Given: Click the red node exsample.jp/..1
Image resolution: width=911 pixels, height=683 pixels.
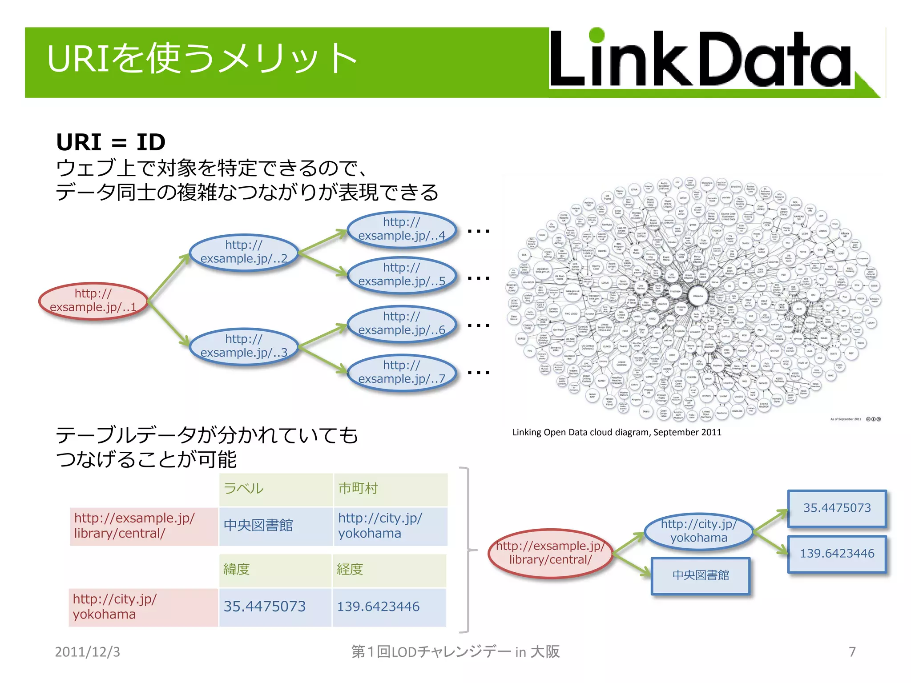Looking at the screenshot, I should [93, 301].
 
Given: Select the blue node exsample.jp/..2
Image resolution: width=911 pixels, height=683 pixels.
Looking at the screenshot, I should [244, 252].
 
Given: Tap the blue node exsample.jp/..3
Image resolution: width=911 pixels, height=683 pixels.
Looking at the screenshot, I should [244, 346].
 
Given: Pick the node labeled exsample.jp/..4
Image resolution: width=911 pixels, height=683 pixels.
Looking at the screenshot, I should [401, 229].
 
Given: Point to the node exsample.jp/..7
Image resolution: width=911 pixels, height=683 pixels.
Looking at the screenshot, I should [401, 372].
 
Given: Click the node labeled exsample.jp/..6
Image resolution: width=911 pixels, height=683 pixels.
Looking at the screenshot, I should [401, 324].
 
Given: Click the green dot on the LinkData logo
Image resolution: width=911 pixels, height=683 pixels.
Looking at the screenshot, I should [596, 36].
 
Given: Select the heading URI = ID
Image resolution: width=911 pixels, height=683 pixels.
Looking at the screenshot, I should [111, 142].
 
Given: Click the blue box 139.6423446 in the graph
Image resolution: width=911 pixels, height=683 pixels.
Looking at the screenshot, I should [837, 554].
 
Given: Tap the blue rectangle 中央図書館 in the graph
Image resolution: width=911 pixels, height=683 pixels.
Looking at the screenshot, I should [701, 575].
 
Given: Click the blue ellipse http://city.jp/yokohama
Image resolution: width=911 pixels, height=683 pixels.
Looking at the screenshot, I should [698, 531].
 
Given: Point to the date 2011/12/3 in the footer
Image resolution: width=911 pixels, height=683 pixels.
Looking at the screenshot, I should [87, 652].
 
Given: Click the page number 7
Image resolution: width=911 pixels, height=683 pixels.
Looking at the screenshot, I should [852, 652].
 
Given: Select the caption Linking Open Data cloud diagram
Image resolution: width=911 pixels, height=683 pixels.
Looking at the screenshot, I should [617, 432].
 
